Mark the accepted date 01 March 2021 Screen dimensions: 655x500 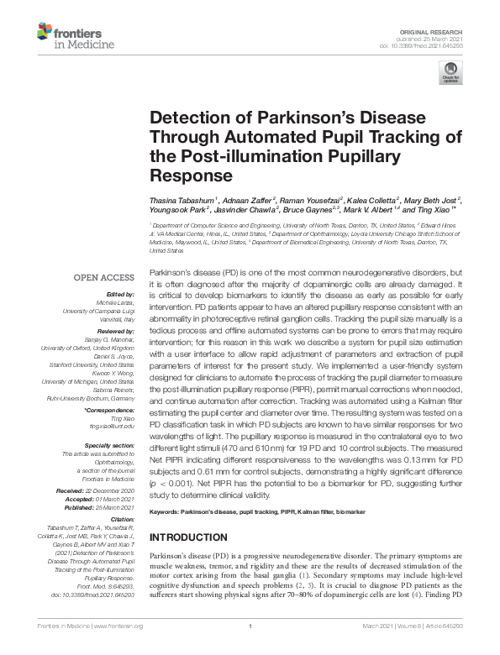pyautogui.click(x=117, y=499)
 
